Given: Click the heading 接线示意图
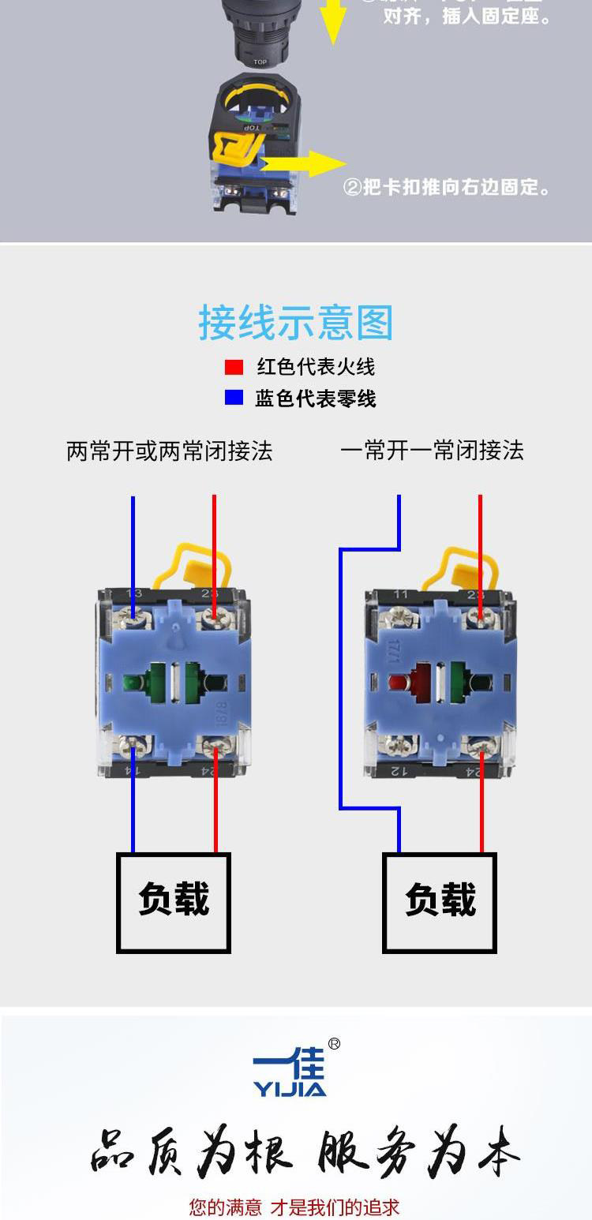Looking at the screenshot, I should pos(295,323).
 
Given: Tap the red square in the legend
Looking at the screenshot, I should pos(234,367).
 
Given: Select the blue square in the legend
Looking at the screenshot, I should pos(234,398).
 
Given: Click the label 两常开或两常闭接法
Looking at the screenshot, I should pos(170,451).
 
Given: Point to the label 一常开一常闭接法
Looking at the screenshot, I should pos(432,451).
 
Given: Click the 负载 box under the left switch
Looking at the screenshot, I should pos(174,902).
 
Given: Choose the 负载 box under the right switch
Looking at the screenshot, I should pos(440,902).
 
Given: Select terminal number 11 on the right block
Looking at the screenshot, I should pos(401,594).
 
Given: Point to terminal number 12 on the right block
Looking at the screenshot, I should pos(401,769).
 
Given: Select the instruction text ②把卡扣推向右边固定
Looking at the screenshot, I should pos(447,188).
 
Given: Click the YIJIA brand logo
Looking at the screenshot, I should pos(290,1074).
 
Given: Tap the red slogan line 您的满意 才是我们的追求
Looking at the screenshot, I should pos(294,1207).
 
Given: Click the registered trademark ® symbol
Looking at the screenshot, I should pos(334,1044).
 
